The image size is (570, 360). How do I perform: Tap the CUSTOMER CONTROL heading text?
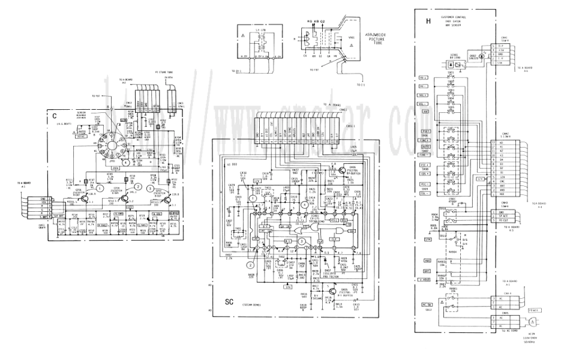pos(458,17)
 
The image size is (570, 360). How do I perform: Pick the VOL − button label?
pos(423,103)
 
